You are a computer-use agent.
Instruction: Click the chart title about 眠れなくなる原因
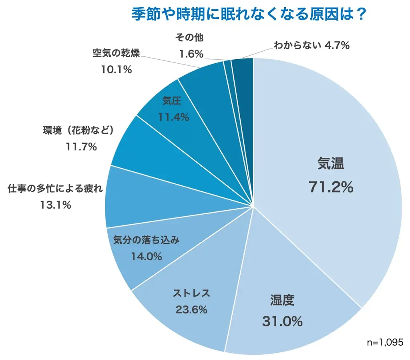249,15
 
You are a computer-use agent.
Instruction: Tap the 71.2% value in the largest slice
331,187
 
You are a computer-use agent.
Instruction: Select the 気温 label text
331,163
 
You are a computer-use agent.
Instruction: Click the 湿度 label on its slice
282,300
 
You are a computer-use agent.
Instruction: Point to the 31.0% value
282,321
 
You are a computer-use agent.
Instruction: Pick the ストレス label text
191,293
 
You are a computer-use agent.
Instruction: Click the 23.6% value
191,310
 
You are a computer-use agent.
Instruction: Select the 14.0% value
146,256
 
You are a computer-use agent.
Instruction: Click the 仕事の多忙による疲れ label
55,189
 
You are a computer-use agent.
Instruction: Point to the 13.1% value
55,205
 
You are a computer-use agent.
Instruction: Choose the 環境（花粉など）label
79,131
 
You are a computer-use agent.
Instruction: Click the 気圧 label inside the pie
171,101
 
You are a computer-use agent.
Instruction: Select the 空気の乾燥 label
116,53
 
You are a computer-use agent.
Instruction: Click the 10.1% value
116,70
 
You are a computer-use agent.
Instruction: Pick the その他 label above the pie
190,38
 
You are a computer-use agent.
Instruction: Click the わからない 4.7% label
312,46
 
